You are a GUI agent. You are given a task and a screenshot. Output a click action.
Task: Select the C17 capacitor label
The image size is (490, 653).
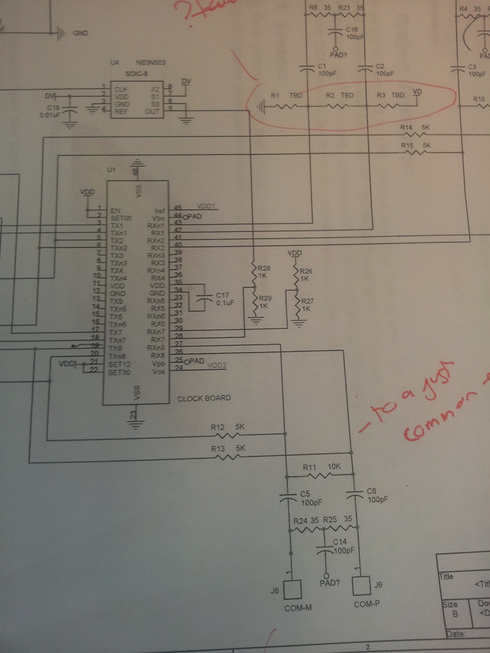point(222,295)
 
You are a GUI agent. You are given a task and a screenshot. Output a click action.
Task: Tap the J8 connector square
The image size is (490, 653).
point(292,589)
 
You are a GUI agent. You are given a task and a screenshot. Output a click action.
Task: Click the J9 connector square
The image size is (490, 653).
point(361,585)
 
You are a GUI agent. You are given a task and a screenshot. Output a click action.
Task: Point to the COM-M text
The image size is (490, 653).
point(298,608)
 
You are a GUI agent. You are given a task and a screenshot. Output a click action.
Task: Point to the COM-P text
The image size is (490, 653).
point(367,604)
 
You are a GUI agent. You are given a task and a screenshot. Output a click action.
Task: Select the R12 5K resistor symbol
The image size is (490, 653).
point(226,435)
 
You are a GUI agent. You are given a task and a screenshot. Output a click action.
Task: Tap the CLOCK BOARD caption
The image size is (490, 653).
point(204,398)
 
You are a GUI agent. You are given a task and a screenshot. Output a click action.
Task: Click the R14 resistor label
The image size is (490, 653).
point(406,128)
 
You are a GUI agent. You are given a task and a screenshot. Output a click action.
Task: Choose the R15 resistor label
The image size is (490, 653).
point(408,146)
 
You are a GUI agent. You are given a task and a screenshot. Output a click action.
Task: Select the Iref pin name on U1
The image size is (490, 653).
point(160,209)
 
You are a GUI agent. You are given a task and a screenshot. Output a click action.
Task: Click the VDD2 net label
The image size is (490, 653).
point(217,366)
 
